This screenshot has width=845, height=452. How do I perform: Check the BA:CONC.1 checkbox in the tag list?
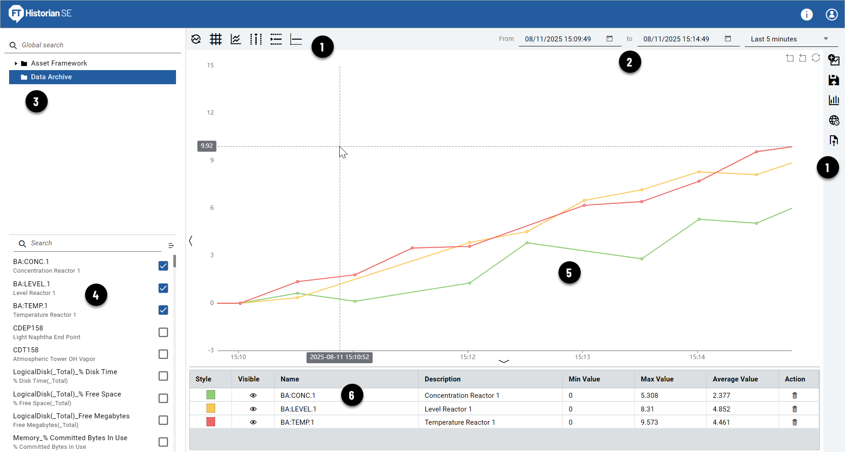[163, 266]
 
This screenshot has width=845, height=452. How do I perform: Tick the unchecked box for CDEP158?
[163, 332]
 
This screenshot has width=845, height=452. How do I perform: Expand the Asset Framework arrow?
[16, 63]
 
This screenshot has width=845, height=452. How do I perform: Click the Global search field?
[96, 45]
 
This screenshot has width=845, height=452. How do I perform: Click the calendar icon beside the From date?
[609, 39]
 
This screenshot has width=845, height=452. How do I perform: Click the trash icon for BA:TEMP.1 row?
[795, 422]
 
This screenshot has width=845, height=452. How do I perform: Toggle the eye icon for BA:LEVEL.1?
[253, 409]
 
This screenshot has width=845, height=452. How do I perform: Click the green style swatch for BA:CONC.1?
[211, 395]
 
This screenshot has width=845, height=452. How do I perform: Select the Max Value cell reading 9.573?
[649, 422]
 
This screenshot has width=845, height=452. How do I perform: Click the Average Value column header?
[735, 379]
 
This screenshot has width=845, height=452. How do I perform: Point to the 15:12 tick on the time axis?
[468, 357]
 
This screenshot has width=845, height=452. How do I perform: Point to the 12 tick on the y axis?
[210, 112]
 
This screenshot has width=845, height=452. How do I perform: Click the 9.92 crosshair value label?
[206, 146]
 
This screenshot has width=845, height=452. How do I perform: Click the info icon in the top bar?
[806, 15]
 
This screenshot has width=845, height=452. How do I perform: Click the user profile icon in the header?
[831, 15]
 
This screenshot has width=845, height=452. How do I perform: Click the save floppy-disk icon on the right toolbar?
[834, 80]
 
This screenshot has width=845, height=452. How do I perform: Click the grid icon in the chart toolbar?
[216, 39]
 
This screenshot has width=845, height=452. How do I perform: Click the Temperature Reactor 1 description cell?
[459, 422]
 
